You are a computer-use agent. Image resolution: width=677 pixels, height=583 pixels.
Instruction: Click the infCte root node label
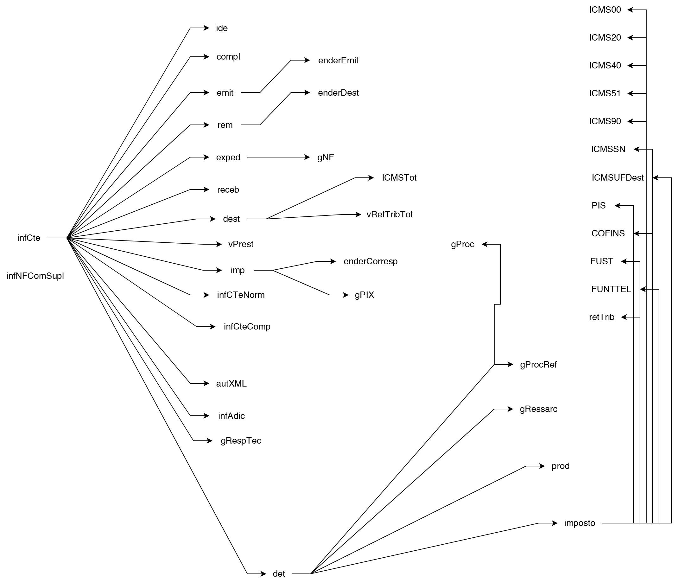[x=29, y=238]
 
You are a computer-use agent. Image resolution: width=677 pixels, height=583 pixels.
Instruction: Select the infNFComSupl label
[x=35, y=276]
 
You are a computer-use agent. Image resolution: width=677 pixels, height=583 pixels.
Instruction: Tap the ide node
[x=222, y=28]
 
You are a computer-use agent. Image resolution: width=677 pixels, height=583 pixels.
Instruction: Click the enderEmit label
[x=338, y=61]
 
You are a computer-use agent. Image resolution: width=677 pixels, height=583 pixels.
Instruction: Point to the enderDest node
[x=338, y=93]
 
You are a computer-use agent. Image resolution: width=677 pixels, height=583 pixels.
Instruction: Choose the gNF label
[x=326, y=157]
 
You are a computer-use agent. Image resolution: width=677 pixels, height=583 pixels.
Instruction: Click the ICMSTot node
[x=399, y=178]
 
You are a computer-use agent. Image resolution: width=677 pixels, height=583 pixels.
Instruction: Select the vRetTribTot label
[x=389, y=215]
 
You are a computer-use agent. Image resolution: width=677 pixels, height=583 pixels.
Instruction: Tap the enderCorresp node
[x=370, y=262]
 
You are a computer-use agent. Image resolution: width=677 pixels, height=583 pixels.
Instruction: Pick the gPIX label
[x=364, y=295]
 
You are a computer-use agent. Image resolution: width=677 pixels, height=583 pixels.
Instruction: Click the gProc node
[x=462, y=244]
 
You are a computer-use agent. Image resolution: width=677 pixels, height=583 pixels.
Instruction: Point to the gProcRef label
[x=538, y=365]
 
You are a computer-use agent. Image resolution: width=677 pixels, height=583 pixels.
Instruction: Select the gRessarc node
[x=538, y=409]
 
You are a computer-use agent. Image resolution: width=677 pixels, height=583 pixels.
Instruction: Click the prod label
[x=560, y=466]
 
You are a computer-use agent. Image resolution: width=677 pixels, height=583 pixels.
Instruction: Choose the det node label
[x=279, y=574]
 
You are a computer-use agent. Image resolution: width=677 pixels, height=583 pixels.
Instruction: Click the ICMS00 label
[x=605, y=10]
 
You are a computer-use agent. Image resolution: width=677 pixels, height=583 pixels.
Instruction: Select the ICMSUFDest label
[x=617, y=178]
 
